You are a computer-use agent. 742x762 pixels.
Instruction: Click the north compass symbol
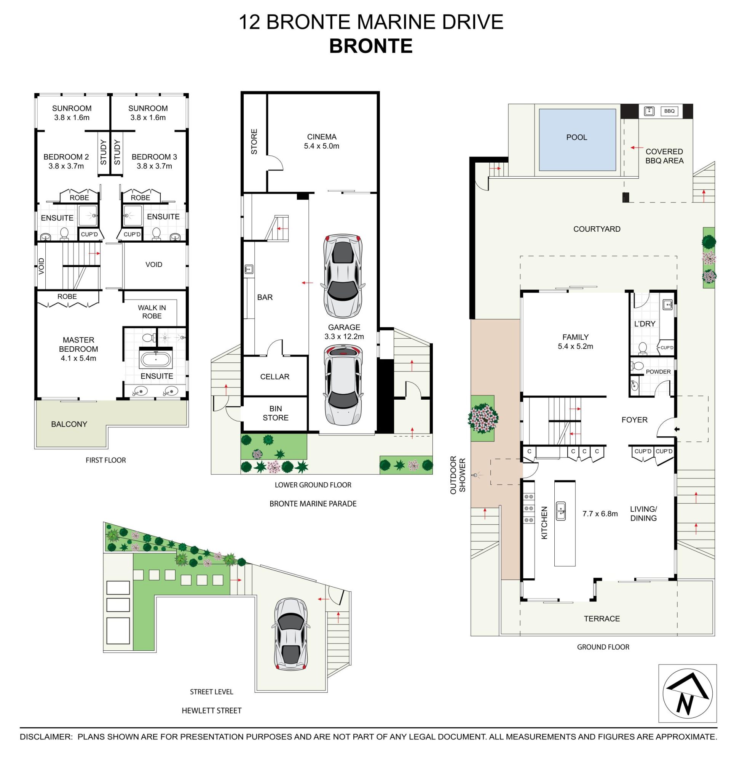[688, 694]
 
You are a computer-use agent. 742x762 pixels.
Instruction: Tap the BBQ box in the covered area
[669, 111]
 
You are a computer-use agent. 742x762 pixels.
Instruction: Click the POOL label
[576, 137]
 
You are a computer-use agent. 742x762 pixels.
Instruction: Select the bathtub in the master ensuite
[156, 360]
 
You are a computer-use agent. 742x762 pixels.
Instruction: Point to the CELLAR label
[275, 377]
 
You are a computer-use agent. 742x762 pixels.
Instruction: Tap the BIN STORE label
[276, 413]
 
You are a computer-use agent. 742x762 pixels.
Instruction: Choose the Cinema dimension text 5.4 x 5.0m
[321, 146]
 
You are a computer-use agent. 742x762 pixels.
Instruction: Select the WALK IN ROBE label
[152, 312]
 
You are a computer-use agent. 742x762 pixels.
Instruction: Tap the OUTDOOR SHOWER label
[458, 475]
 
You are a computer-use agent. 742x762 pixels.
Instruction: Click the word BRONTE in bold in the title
[370, 46]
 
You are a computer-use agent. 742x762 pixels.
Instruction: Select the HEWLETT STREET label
[212, 711]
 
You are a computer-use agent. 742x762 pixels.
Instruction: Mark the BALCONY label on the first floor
[69, 424]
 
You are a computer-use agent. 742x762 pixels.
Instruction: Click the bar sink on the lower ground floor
[249, 269]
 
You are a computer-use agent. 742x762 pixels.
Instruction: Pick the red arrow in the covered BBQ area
[637, 148]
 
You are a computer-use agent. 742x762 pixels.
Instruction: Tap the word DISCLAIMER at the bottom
[46, 737]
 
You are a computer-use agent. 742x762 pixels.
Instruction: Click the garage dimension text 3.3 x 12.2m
[344, 336]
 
